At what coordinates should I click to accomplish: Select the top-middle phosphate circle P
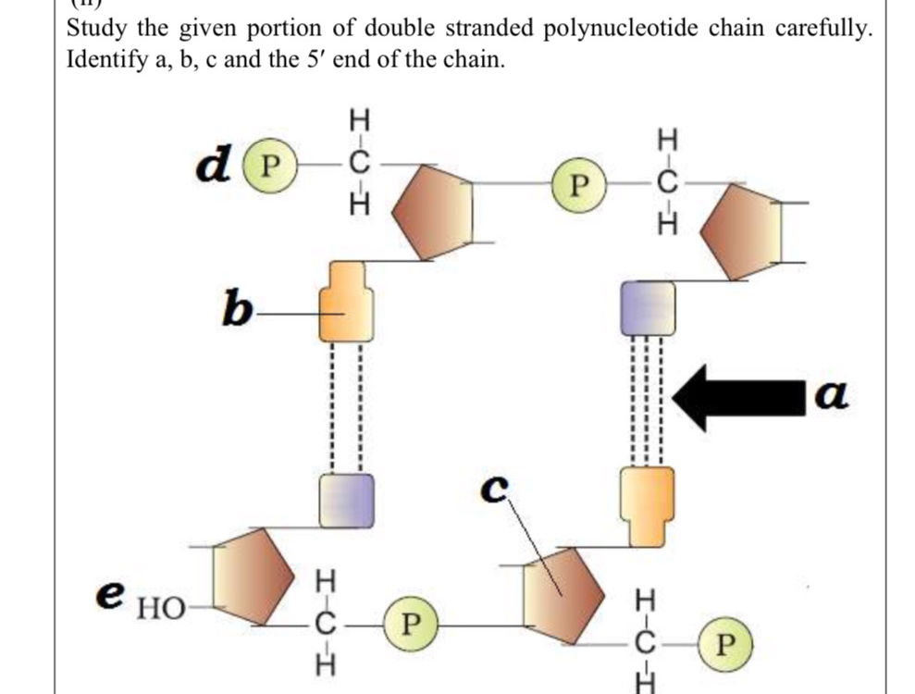click(x=578, y=181)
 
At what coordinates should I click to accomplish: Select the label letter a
click(x=835, y=396)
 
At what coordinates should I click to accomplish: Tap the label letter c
click(x=498, y=488)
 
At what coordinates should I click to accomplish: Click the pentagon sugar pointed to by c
click(x=562, y=593)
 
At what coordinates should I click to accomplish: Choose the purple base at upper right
click(x=647, y=308)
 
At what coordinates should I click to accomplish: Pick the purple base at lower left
click(x=347, y=500)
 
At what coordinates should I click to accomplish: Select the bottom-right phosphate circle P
click(x=728, y=642)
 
